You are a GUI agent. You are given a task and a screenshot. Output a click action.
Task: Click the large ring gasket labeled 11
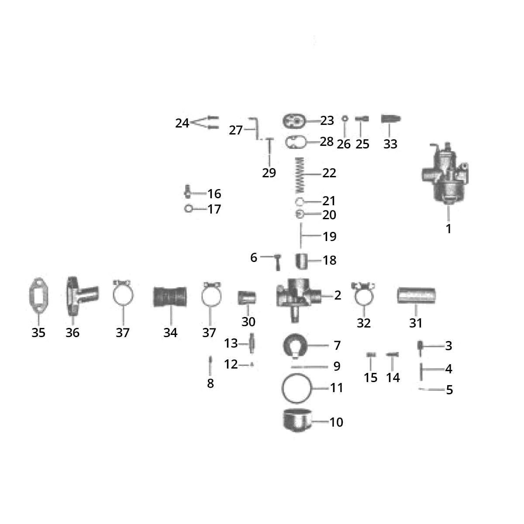pos(297,388)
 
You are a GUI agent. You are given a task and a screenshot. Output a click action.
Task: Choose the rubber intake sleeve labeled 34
pos(170,297)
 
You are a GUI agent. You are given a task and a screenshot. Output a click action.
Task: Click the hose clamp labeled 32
pos(363,295)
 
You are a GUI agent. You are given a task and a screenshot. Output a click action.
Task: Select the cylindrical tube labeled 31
pos(416,296)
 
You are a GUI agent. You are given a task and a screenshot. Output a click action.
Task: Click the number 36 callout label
pos(72,333)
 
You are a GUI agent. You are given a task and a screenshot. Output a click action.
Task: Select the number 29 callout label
pos(269,173)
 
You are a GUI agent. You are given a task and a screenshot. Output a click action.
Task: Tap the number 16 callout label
pos(214,193)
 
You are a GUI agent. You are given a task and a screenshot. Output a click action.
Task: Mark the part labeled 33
pos(391,120)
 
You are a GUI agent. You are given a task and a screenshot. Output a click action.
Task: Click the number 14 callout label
pos(393,377)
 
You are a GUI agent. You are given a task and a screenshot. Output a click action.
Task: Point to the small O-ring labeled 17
pos(189,209)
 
